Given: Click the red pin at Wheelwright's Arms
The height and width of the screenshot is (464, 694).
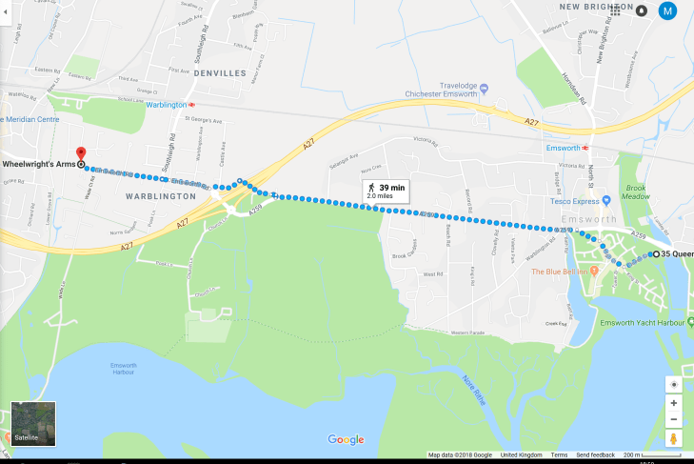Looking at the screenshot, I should click(81, 152).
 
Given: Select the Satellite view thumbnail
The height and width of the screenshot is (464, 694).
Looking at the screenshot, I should click(33, 424).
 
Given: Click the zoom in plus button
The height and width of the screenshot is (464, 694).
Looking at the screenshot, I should click(673, 403).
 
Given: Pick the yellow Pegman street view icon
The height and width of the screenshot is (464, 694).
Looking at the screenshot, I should click(673, 438).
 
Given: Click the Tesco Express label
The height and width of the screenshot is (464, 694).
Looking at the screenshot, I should click(580, 201).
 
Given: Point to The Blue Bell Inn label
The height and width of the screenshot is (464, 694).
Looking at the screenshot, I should click(564, 272).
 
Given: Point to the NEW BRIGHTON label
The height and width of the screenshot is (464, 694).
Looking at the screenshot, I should click(584, 7).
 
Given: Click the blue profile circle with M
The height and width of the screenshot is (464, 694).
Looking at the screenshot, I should click(668, 11).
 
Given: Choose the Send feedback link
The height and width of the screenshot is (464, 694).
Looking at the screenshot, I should click(596, 455).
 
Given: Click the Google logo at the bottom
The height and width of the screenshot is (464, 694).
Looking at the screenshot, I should click(346, 439).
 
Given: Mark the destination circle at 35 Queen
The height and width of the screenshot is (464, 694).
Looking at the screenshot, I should click(654, 254).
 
